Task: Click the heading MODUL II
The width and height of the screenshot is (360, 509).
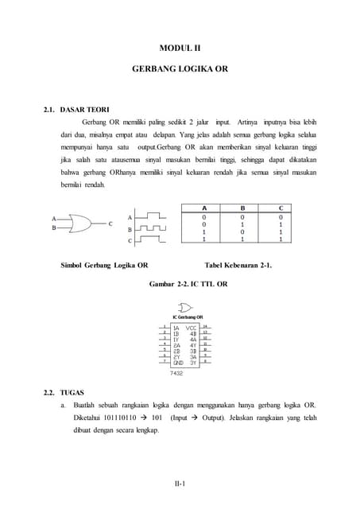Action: tap(180, 48)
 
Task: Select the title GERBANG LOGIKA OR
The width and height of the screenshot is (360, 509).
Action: tap(180, 69)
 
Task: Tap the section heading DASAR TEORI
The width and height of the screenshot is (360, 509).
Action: tap(85, 109)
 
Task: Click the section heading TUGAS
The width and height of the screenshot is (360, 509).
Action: tap(72, 392)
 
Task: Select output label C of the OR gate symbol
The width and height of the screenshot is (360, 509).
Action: tap(110, 223)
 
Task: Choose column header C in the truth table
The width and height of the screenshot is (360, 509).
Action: tap(281, 208)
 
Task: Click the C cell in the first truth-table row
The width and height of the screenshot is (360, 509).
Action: tap(281, 216)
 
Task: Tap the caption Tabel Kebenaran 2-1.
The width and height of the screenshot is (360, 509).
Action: tap(238, 265)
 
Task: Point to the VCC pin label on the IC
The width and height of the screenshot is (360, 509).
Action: tap(191, 328)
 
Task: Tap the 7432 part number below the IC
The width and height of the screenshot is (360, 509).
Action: tap(176, 371)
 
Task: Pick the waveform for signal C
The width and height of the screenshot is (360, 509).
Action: tap(153, 239)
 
